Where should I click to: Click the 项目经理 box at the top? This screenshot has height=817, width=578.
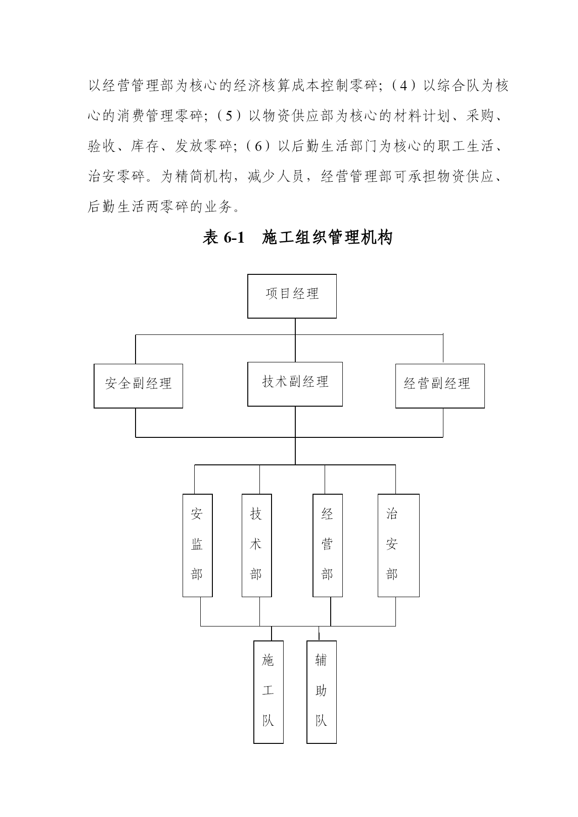pyautogui.click(x=292, y=296)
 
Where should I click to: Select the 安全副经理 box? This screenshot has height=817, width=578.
pyautogui.click(x=138, y=386)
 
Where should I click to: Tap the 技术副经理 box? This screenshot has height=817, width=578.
pyautogui.click(x=295, y=384)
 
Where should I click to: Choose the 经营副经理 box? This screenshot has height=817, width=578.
pyautogui.click(x=440, y=386)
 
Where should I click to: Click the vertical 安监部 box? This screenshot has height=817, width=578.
pyautogui.click(x=197, y=545)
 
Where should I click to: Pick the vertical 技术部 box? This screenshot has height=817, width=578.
pyautogui.click(x=257, y=545)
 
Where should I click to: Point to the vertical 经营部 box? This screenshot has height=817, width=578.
pyautogui.click(x=327, y=545)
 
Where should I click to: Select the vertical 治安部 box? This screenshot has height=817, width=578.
pyautogui.click(x=398, y=545)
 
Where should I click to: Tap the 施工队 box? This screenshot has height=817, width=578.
pyautogui.click(x=268, y=692)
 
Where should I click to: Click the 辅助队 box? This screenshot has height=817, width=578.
pyautogui.click(x=321, y=692)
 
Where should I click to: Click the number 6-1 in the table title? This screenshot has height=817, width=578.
pyautogui.click(x=234, y=238)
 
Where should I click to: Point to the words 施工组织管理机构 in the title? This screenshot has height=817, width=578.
pyautogui.click(x=327, y=238)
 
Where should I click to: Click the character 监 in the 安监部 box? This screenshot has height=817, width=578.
pyautogui.click(x=197, y=544)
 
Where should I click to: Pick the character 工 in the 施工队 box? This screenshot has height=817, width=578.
pyautogui.click(x=268, y=690)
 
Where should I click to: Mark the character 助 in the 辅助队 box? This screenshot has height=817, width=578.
pyautogui.click(x=321, y=690)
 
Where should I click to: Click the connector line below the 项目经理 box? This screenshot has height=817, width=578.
pyautogui.click(x=295, y=327)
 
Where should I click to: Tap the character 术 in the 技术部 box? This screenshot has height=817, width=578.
pyautogui.click(x=256, y=544)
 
